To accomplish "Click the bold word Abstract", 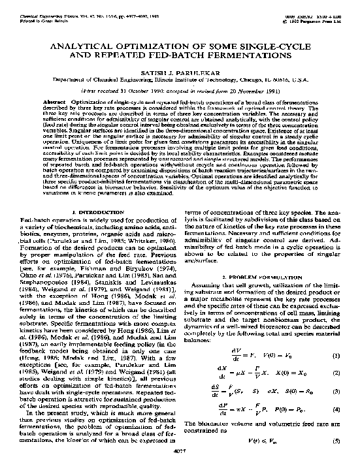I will point(53,103).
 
